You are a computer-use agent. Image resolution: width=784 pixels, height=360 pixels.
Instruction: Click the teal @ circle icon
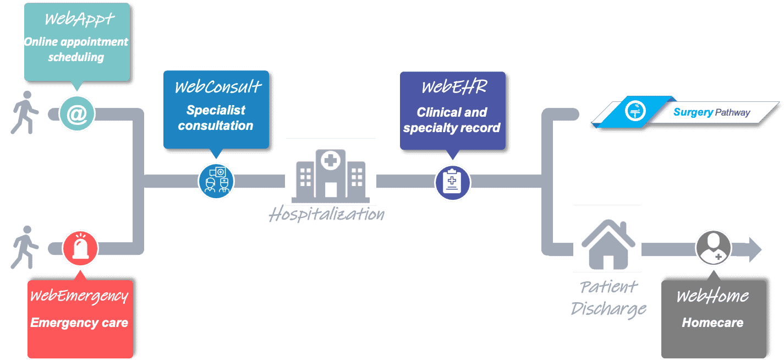(x=77, y=114)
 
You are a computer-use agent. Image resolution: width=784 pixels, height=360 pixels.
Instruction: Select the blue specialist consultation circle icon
(x=216, y=182)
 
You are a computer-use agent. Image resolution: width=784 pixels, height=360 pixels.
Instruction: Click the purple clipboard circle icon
(x=452, y=182)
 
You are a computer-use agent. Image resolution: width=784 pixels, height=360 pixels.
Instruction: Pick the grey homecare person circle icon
(x=714, y=248)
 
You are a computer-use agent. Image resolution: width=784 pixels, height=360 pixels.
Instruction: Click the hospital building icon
(x=331, y=176)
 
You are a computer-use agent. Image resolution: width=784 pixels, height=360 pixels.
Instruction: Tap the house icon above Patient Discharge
(x=608, y=244)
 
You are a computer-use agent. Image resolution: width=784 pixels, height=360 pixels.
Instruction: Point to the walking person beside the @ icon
(x=25, y=112)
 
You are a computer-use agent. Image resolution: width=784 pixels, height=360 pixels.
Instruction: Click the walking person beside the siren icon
(x=25, y=247)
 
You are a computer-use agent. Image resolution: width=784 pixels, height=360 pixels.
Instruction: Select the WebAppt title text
(x=79, y=19)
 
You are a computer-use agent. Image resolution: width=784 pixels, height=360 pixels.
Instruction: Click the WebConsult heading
(x=218, y=87)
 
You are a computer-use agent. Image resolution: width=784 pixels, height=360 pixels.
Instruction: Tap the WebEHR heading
(x=454, y=87)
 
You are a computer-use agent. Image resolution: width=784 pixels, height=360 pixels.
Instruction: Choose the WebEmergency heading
(x=79, y=296)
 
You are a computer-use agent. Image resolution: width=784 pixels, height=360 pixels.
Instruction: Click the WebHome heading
(x=712, y=296)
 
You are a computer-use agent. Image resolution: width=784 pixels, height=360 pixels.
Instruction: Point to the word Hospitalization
(x=327, y=214)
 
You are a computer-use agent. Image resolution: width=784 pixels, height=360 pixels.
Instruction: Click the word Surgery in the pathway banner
(x=693, y=112)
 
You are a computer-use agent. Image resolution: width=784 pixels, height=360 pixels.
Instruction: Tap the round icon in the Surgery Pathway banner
(x=635, y=111)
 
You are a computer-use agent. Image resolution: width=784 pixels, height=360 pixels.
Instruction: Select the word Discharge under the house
(x=608, y=309)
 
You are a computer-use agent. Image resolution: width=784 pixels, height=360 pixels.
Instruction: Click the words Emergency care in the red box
(x=79, y=323)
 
